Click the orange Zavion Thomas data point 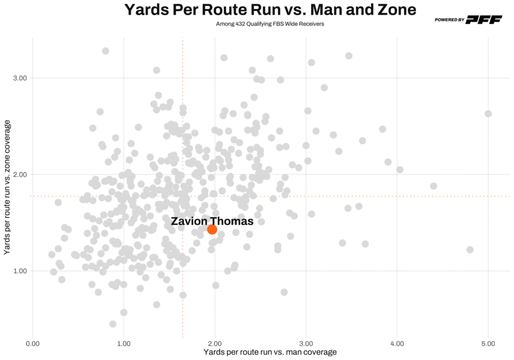tap(212, 229)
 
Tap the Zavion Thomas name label tap(212, 221)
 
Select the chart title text tap(270, 10)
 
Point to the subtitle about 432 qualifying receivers tap(270, 24)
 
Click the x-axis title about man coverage tap(270, 352)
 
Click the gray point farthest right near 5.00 tap(488, 113)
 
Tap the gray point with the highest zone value tap(105, 51)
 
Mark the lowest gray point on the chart tap(113, 324)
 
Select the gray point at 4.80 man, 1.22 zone tap(470, 250)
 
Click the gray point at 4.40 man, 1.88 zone tap(434, 186)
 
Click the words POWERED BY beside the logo tap(450, 20)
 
